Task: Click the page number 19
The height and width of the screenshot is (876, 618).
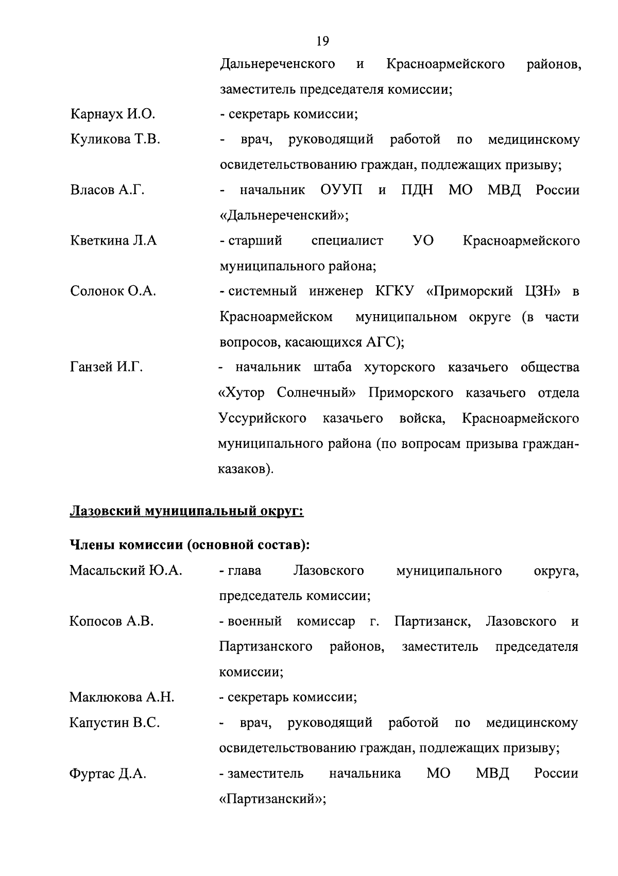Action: [322, 41]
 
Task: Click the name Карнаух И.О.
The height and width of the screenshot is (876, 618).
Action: [112, 114]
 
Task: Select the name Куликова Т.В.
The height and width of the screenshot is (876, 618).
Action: [115, 140]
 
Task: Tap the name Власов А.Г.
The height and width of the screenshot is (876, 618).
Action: [107, 190]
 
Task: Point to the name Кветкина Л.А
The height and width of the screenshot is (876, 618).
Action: [113, 241]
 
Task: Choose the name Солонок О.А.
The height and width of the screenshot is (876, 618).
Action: [113, 291]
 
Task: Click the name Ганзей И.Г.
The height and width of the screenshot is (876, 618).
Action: [106, 368]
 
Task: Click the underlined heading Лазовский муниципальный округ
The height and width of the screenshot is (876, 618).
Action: [186, 512]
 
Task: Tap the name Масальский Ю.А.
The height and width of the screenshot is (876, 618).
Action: [126, 571]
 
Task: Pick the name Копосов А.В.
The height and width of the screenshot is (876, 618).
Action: [112, 622]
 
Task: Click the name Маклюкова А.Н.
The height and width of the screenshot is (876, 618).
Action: [122, 698]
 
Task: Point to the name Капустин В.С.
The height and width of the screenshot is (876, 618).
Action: [114, 723]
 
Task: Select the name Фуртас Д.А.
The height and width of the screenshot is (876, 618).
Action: [108, 774]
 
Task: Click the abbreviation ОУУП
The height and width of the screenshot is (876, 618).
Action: [341, 190]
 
